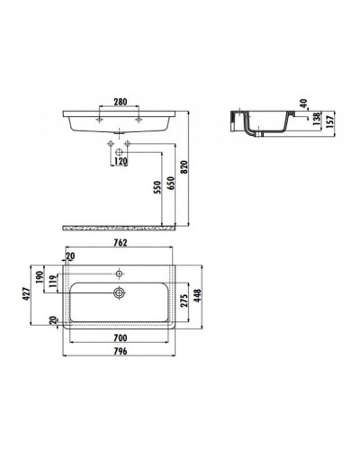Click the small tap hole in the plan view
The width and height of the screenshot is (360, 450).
120,272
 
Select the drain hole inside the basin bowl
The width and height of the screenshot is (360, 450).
120,291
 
